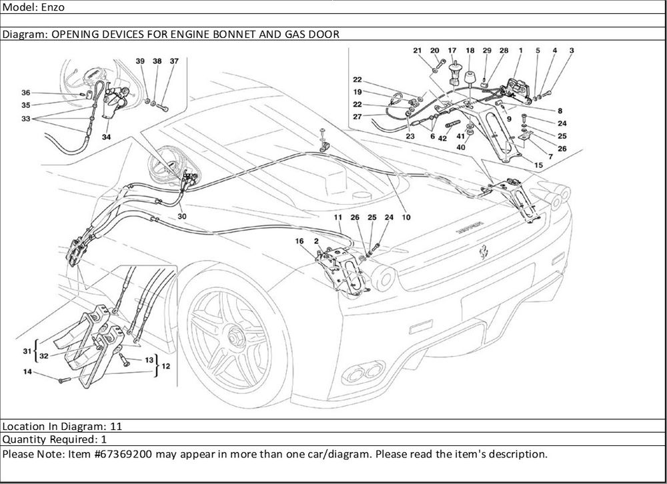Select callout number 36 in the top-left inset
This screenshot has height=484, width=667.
point(25,93)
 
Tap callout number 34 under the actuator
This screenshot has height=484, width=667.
point(107,137)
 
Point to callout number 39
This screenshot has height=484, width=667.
point(140,61)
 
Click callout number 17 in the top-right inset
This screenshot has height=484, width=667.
point(452,51)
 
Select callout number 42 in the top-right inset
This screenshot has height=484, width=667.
point(442,139)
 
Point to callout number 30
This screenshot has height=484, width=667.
point(182,216)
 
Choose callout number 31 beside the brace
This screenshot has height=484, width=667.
point(27,351)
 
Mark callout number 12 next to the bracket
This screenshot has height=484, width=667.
point(165,365)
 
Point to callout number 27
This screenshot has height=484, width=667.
point(358,117)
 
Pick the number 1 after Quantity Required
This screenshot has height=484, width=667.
point(103,440)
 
